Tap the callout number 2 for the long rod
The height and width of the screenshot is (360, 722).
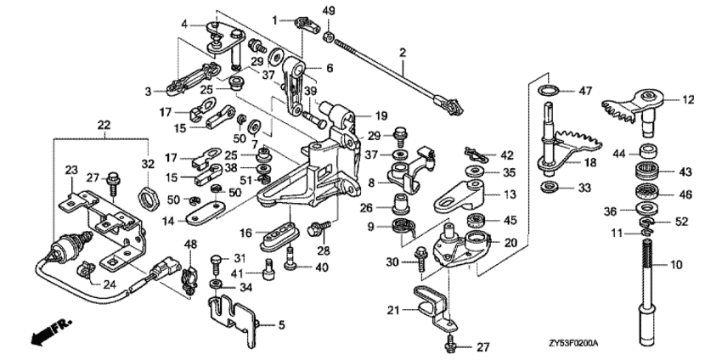pyautogui.click(x=403, y=53)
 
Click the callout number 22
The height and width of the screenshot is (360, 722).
pyautogui.click(x=104, y=126)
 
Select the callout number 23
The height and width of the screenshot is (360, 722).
pyautogui.click(x=69, y=171)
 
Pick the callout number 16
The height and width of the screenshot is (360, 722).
pyautogui.click(x=246, y=233)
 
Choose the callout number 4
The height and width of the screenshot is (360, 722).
pyautogui.click(x=184, y=25)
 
